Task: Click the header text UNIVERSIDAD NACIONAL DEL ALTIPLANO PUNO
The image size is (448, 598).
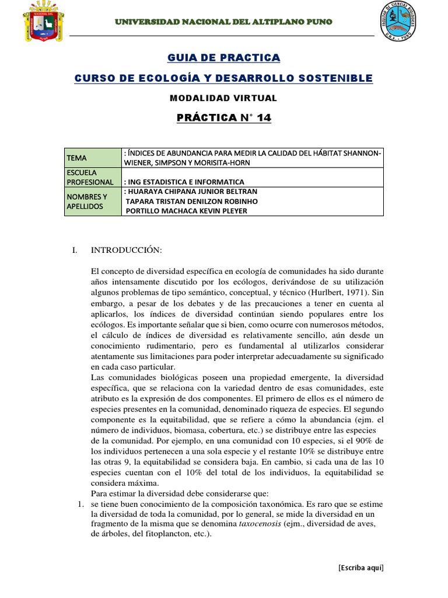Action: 223,22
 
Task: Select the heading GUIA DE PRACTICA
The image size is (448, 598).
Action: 223,57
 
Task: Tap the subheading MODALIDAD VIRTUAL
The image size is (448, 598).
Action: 223,98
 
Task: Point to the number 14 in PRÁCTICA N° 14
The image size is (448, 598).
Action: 264,118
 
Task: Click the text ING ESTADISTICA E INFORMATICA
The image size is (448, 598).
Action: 185,182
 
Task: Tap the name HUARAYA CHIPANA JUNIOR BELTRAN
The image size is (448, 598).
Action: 191,192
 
